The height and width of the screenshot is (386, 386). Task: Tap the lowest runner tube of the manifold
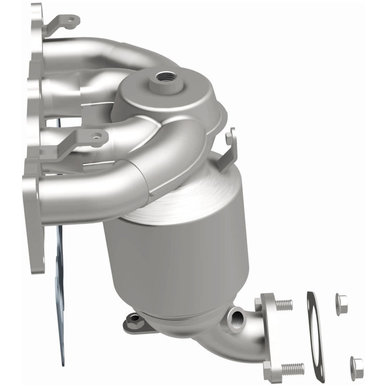(x=96, y=193)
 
